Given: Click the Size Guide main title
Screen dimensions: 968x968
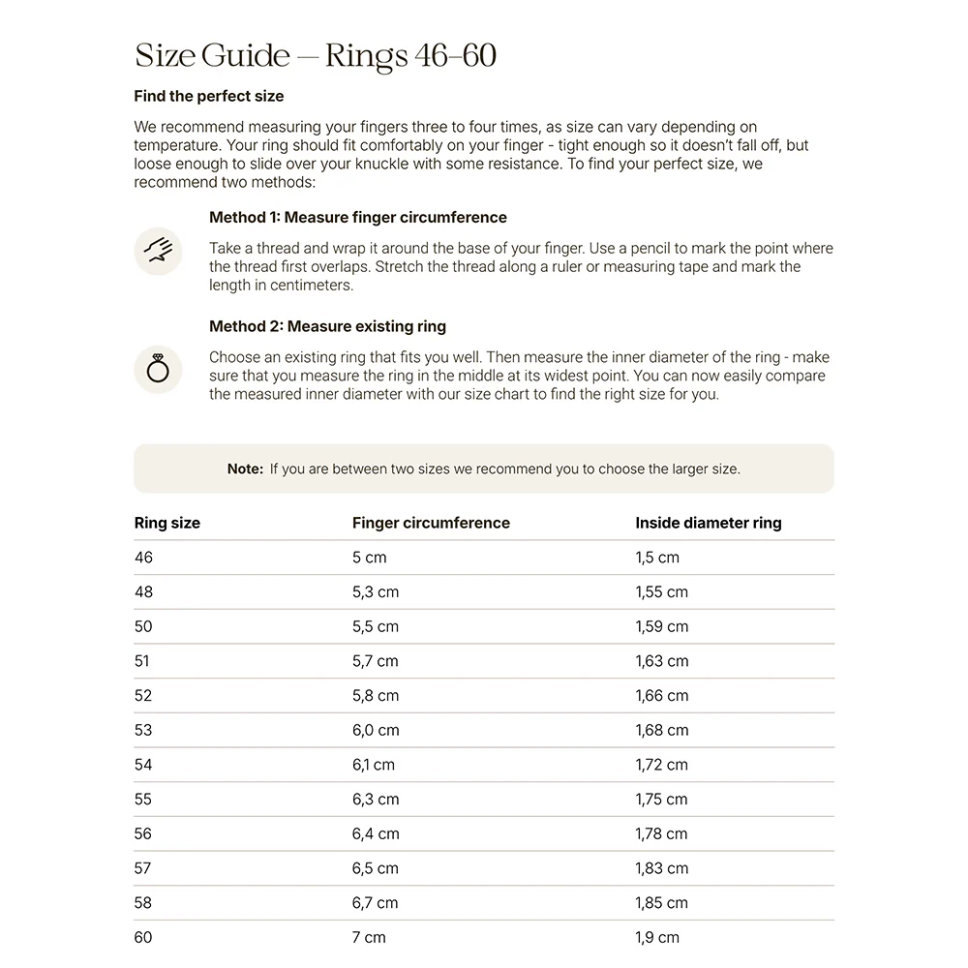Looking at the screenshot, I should [x=316, y=55].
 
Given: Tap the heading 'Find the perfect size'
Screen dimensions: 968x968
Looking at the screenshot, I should [x=208, y=97].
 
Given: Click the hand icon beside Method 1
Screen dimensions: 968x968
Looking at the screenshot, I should [x=158, y=251].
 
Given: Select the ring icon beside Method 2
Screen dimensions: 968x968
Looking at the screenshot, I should [x=158, y=369].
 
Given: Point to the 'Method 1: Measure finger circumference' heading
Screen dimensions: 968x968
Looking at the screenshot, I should [x=358, y=217].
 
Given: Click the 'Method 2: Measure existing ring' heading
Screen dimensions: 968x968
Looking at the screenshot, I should [x=327, y=326].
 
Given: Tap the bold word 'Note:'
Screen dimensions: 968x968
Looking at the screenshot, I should [x=245, y=469].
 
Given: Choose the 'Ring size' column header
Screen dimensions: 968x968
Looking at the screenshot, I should [x=166, y=523].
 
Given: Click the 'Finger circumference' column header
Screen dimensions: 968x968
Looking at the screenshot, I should [x=431, y=523].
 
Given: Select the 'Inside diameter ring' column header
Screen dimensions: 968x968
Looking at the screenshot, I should [x=708, y=523].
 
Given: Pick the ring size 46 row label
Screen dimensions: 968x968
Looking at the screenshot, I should [x=143, y=558].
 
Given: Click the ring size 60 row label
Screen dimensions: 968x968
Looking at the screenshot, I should [x=143, y=937].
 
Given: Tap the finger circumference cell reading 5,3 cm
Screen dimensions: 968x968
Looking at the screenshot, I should [x=375, y=592].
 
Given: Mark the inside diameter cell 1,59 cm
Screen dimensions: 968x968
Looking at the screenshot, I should [x=661, y=626].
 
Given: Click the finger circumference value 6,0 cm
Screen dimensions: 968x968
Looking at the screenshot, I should [x=376, y=730].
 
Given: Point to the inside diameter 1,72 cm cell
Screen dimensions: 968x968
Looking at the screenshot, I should [x=661, y=765].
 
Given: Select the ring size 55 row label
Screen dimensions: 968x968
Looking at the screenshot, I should [x=143, y=800].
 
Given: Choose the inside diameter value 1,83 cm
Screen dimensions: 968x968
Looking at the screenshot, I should [x=661, y=868].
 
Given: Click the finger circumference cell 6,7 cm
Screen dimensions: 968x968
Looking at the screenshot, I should [x=375, y=903].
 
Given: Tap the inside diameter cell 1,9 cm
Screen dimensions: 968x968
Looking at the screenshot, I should [x=656, y=937].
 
